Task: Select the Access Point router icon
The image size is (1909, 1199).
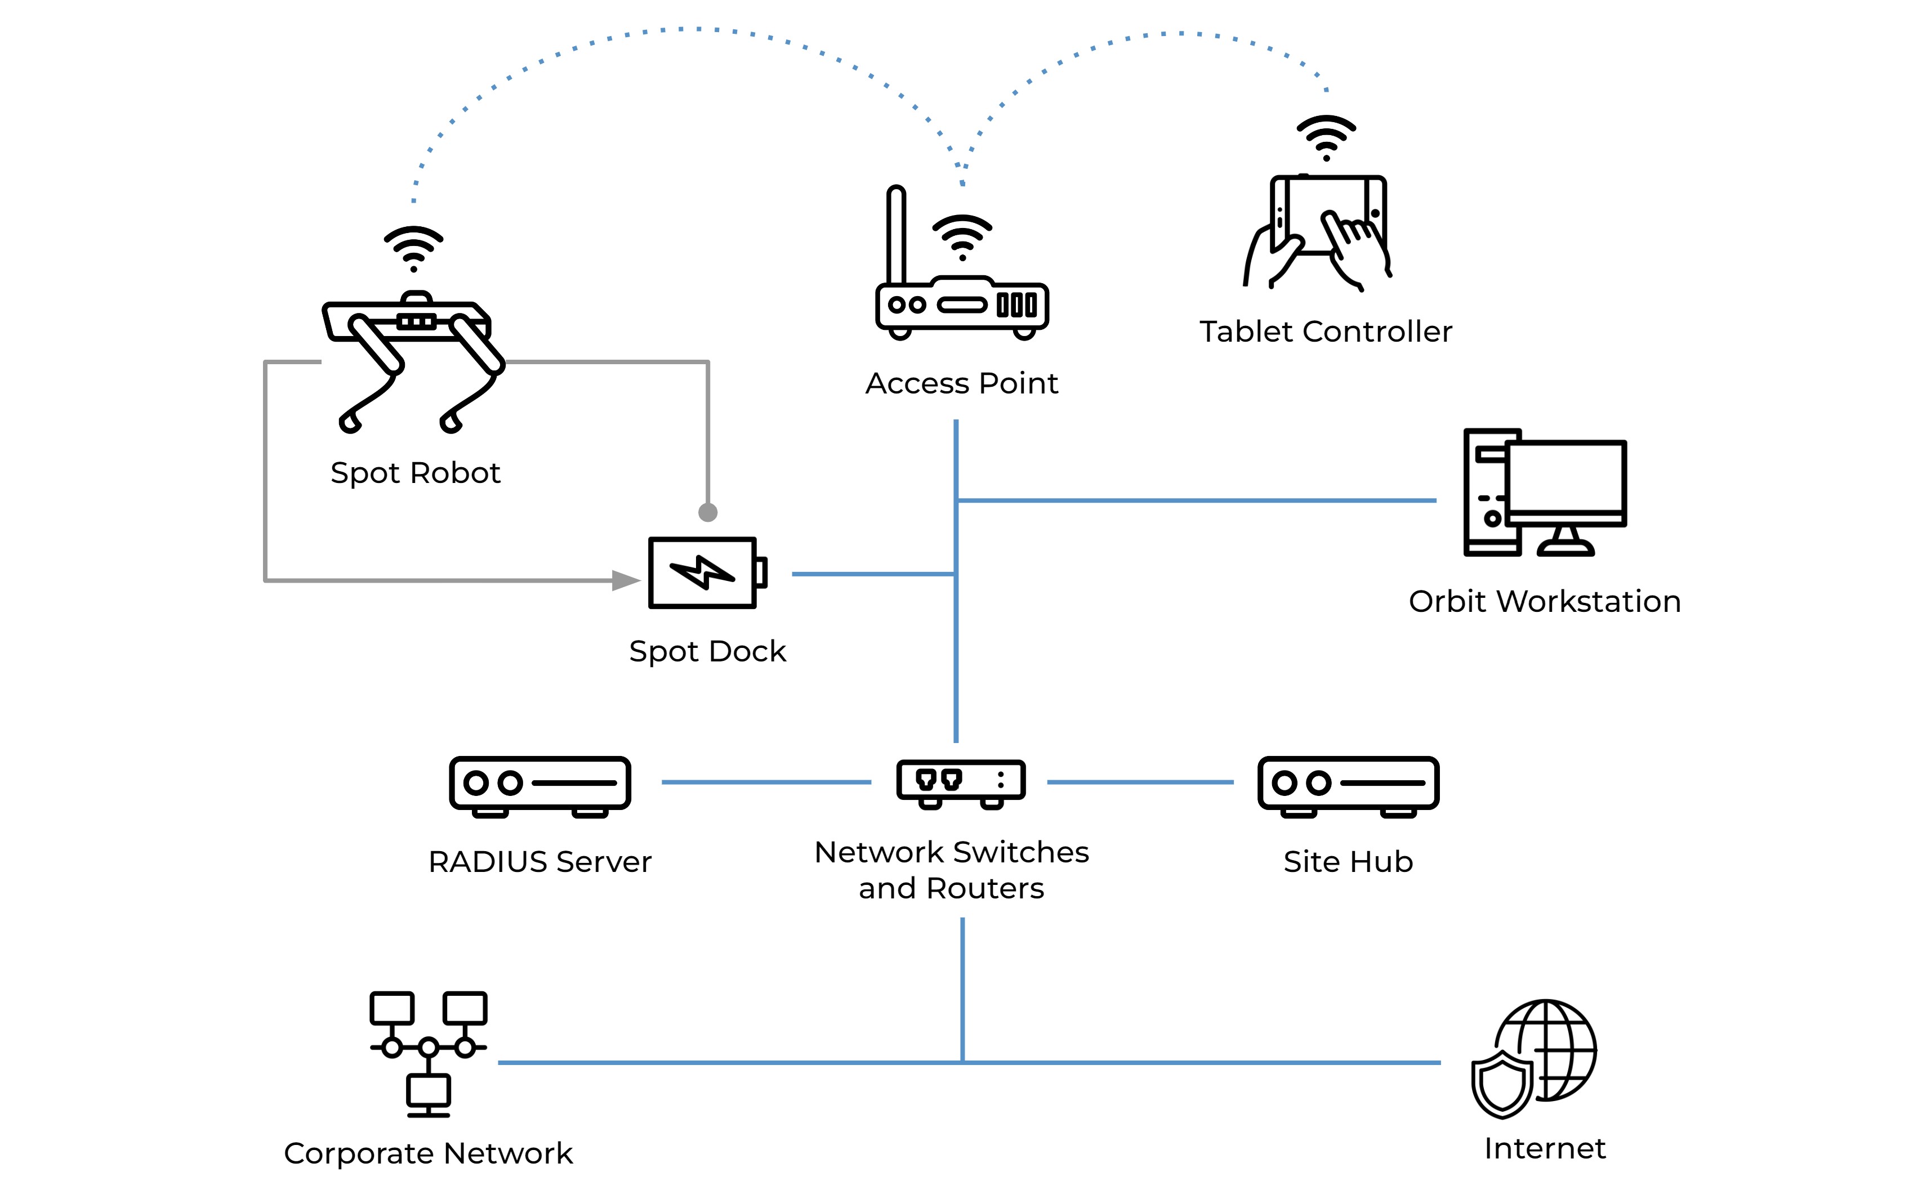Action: (962, 305)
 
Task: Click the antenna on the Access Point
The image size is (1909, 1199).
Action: (896, 234)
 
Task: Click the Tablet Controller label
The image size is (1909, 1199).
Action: (1326, 331)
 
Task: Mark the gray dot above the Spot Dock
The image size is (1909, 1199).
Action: (708, 513)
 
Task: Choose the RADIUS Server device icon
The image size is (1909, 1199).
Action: (540, 785)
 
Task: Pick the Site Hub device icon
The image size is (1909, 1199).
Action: (1348, 785)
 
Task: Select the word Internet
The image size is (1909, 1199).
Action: (1544, 1148)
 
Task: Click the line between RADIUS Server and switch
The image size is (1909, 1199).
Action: (765, 782)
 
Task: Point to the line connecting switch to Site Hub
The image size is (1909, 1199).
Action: (1140, 782)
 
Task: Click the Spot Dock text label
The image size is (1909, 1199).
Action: (707, 651)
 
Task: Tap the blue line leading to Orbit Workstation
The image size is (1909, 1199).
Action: (1197, 500)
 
